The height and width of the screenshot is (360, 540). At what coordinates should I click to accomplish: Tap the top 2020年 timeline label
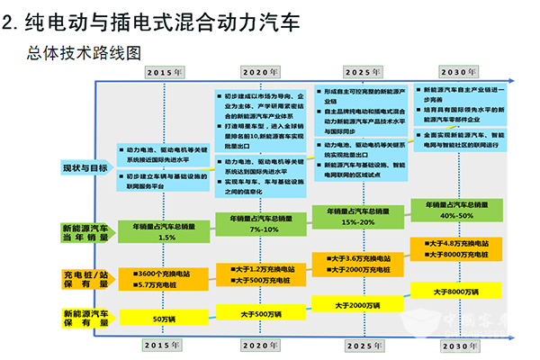tap(261, 70)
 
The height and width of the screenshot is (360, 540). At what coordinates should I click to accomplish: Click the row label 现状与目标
tap(85, 167)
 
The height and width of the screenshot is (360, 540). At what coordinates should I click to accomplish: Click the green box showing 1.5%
tap(166, 231)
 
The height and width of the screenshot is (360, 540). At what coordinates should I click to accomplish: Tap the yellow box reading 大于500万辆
tap(261, 313)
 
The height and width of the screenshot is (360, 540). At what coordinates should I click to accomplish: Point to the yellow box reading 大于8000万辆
tap(456, 292)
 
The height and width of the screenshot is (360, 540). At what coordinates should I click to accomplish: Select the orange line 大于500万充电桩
tap(260, 280)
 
